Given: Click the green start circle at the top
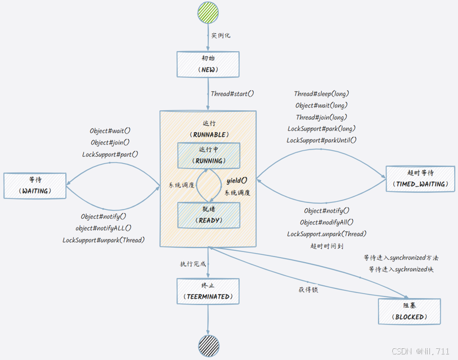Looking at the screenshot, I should click(208, 13).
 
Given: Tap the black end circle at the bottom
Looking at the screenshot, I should click(208, 345).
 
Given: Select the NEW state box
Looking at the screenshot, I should click(208, 64).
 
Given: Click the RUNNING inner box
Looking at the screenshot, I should click(209, 155).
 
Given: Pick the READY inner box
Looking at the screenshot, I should click(209, 215).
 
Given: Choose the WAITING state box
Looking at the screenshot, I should click(35, 186).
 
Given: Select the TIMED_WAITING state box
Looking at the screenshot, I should click(420, 179).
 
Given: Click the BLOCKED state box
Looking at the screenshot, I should click(409, 312).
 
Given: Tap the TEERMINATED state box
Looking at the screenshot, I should click(208, 291).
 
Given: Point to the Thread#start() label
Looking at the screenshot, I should click(232, 94).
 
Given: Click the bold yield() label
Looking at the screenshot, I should click(237, 181).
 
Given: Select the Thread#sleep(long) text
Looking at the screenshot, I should click(321, 94).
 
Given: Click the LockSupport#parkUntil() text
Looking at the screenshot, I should click(321, 140).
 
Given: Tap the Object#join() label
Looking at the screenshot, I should click(110, 142).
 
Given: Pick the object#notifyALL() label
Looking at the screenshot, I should click(104, 228).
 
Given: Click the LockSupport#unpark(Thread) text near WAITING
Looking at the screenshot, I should click(104, 240).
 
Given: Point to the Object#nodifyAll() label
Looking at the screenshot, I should click(327, 222).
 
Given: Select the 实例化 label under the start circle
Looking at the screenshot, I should click(221, 35).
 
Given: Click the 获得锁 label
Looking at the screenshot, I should click(308, 290).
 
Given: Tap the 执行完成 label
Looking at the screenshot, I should click(193, 264).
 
